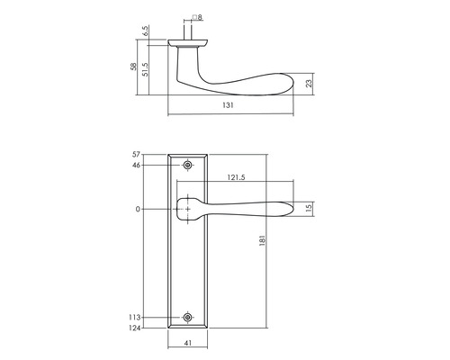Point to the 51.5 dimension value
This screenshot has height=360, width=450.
pos(145,69)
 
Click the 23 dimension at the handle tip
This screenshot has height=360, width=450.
pos(308,83)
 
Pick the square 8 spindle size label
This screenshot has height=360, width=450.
pos(197,16)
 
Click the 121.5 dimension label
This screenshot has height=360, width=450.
pos(238,178)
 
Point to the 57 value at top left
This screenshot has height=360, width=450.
pos(138,156)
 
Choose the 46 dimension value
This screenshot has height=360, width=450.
pos(138,166)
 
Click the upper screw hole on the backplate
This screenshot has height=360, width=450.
pos(187,166)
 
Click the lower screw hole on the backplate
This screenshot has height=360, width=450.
pos(187,317)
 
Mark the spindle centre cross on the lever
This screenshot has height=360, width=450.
pos(187,209)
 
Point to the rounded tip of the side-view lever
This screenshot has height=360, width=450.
pos(290,83)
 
